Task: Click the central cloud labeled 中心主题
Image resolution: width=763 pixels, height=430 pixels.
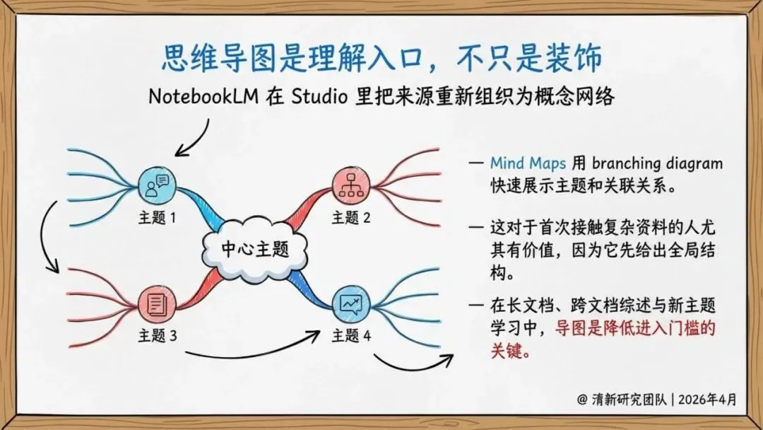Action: (x=254, y=248)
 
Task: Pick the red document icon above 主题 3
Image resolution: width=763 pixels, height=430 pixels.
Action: (x=157, y=304)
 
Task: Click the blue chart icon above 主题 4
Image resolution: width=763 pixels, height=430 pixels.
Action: (x=351, y=304)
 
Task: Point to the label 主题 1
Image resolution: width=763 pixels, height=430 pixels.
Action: (x=157, y=217)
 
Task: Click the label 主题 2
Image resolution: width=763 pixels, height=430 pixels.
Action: (x=351, y=217)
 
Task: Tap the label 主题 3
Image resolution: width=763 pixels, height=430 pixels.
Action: (x=157, y=336)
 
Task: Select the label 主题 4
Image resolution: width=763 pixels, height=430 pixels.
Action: (x=351, y=336)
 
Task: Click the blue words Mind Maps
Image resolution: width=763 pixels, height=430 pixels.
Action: (x=528, y=163)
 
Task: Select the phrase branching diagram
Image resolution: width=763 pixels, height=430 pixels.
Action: (x=657, y=163)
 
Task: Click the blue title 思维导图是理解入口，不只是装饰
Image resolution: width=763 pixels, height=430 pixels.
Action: (x=381, y=58)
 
